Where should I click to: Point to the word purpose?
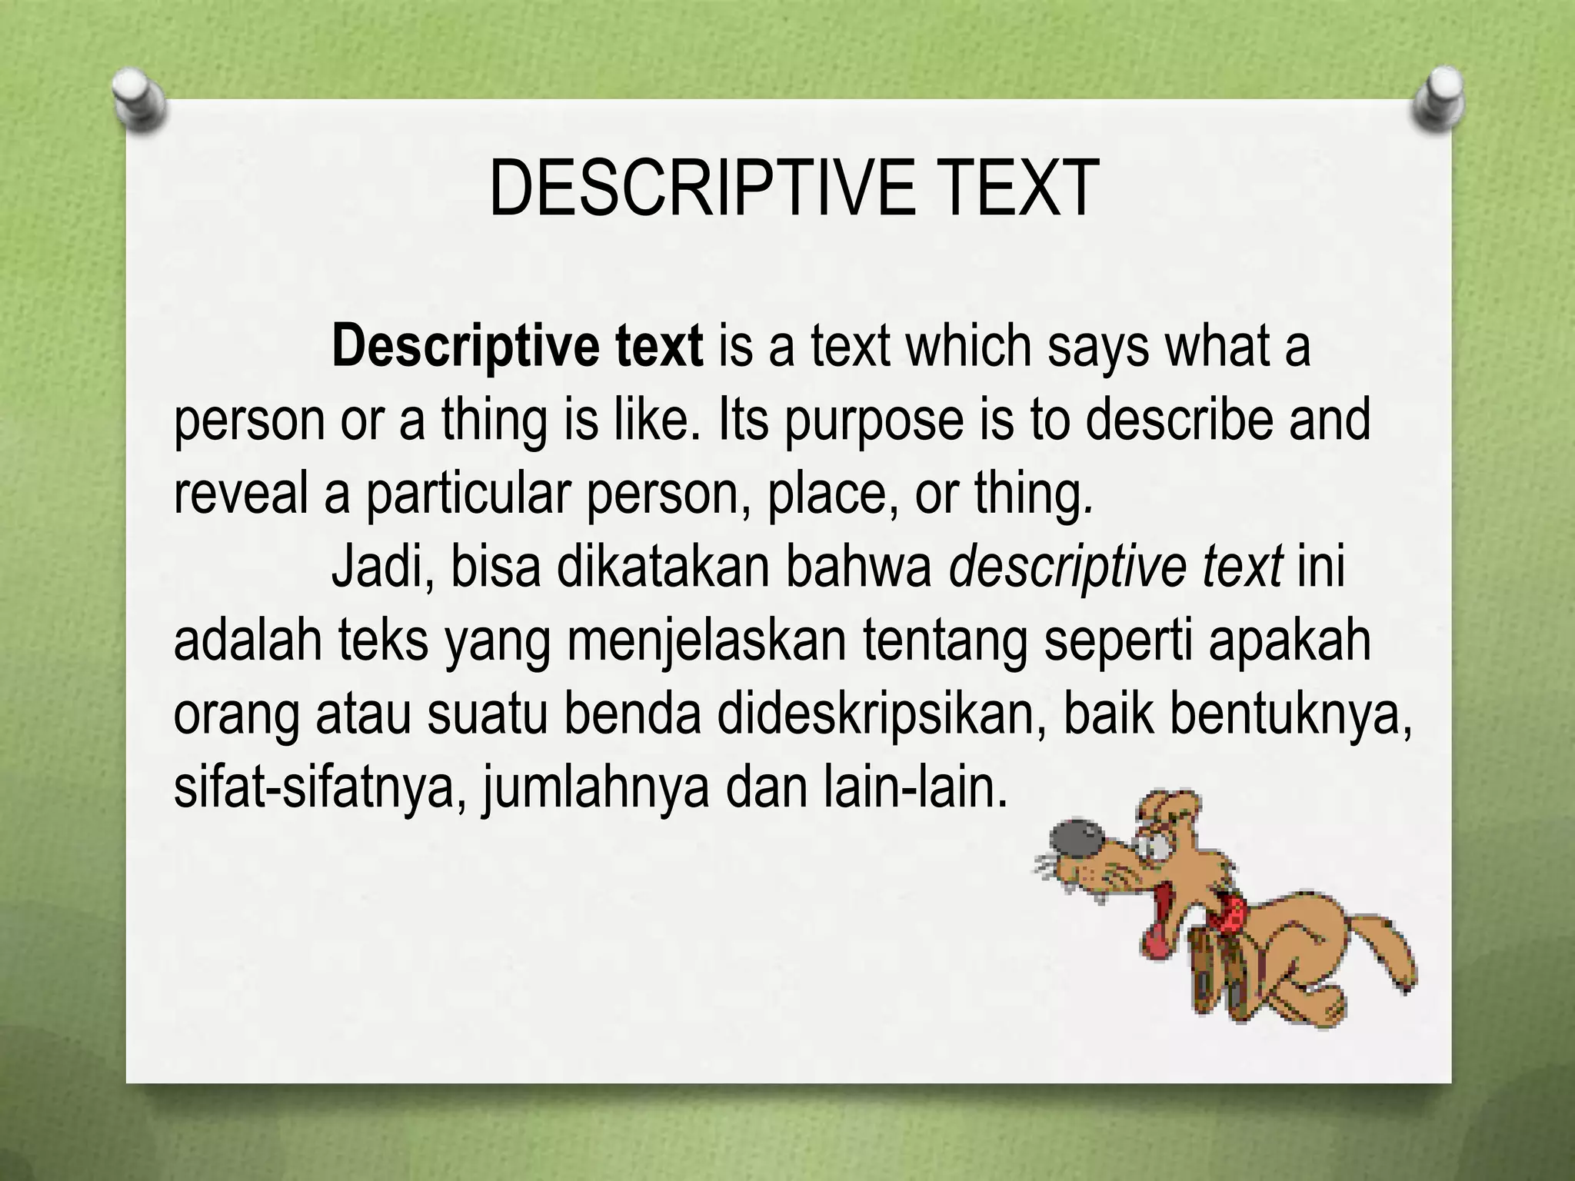874,421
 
